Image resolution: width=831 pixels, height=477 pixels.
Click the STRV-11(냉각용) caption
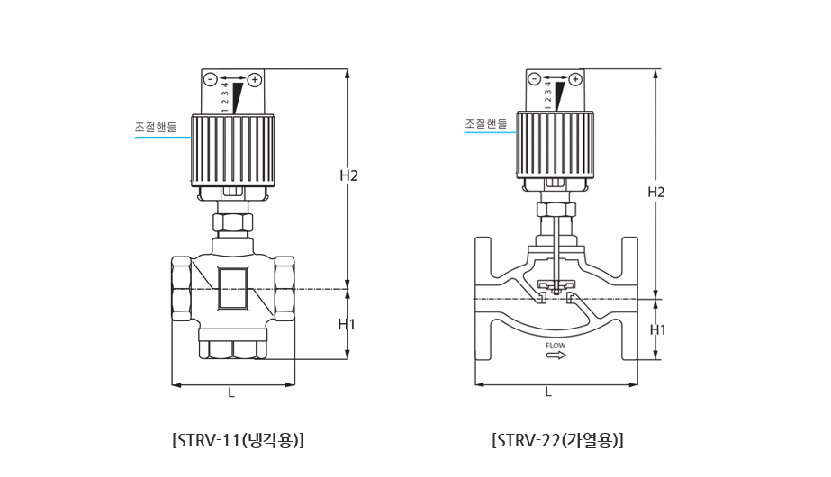[x=238, y=440]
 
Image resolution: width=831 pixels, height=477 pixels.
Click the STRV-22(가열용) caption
[x=557, y=440]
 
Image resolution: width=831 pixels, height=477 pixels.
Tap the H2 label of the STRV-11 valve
[x=348, y=175]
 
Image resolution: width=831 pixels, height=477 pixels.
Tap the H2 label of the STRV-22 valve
[x=656, y=192]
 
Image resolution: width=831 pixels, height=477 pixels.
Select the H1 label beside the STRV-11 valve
[x=347, y=324]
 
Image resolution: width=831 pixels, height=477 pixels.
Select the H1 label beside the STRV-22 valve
[x=658, y=329]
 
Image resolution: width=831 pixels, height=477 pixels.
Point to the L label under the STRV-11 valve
[x=231, y=392]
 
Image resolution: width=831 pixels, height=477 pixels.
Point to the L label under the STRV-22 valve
[x=548, y=391]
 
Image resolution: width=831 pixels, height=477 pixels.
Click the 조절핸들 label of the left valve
[x=156, y=127]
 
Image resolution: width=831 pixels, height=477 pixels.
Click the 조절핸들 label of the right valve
[x=486, y=123]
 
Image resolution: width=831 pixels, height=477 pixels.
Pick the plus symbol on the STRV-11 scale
[x=255, y=80]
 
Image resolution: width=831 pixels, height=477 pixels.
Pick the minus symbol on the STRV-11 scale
[x=211, y=80]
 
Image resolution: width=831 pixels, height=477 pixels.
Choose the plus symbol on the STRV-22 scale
[x=575, y=79]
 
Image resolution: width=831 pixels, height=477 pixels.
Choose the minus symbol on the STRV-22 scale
[x=534, y=79]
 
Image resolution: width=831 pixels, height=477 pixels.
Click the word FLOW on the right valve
[x=556, y=346]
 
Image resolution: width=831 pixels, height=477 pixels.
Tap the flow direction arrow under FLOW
[x=556, y=355]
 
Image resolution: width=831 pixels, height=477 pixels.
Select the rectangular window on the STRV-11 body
[x=232, y=288]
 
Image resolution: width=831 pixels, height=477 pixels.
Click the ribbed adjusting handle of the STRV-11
[x=233, y=150]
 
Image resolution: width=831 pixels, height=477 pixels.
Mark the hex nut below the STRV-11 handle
[x=232, y=222]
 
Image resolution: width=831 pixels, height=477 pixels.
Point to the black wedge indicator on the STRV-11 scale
[x=238, y=98]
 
